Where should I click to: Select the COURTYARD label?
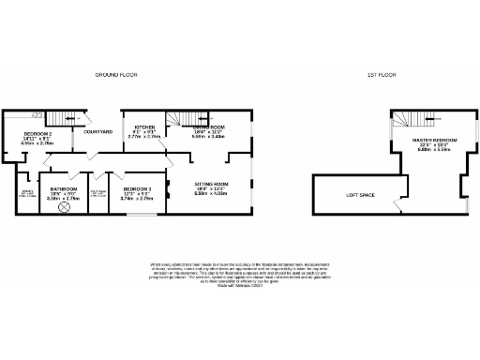click(x=99, y=131)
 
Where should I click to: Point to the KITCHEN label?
click(x=144, y=127)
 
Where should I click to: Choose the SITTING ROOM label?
click(x=211, y=184)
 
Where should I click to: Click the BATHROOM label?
click(x=64, y=187)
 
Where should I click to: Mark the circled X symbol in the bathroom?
click(x=64, y=209)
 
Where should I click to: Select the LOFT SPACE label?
click(x=361, y=194)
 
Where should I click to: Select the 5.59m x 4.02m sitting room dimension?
click(x=211, y=194)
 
